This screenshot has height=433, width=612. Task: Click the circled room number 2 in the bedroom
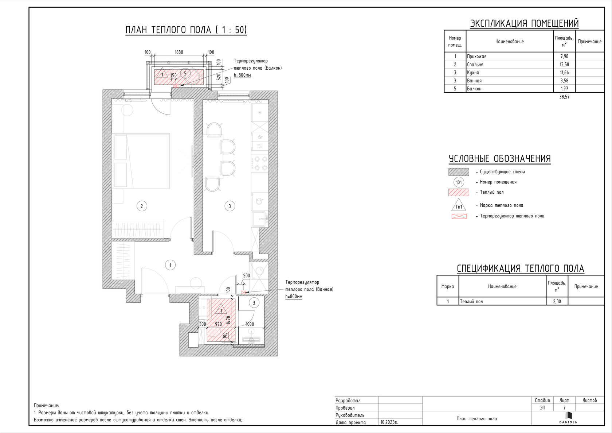point(141,206)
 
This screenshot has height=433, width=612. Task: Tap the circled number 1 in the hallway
point(170,265)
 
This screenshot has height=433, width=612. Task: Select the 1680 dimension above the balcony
point(178,52)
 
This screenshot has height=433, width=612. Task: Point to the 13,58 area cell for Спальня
point(564,64)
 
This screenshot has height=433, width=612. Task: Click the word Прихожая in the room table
point(477,56)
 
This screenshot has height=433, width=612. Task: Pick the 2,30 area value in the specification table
point(557,301)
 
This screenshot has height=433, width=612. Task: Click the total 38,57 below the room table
point(564,97)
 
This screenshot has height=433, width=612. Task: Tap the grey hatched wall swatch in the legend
point(459,172)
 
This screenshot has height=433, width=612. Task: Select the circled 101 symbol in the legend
point(459,182)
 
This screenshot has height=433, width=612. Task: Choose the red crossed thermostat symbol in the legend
point(459,216)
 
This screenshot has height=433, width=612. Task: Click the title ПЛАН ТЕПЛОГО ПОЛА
point(168,30)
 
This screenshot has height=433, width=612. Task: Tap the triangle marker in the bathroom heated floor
point(221,309)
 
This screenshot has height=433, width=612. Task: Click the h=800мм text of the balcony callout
point(242,75)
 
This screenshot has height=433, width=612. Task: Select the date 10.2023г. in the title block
point(389,422)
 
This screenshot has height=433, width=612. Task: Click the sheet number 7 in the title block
point(564,407)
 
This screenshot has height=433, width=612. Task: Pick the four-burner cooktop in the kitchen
point(260,163)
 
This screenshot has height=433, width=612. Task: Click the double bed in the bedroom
point(141,161)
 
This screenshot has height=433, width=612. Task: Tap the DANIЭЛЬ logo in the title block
point(568,418)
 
